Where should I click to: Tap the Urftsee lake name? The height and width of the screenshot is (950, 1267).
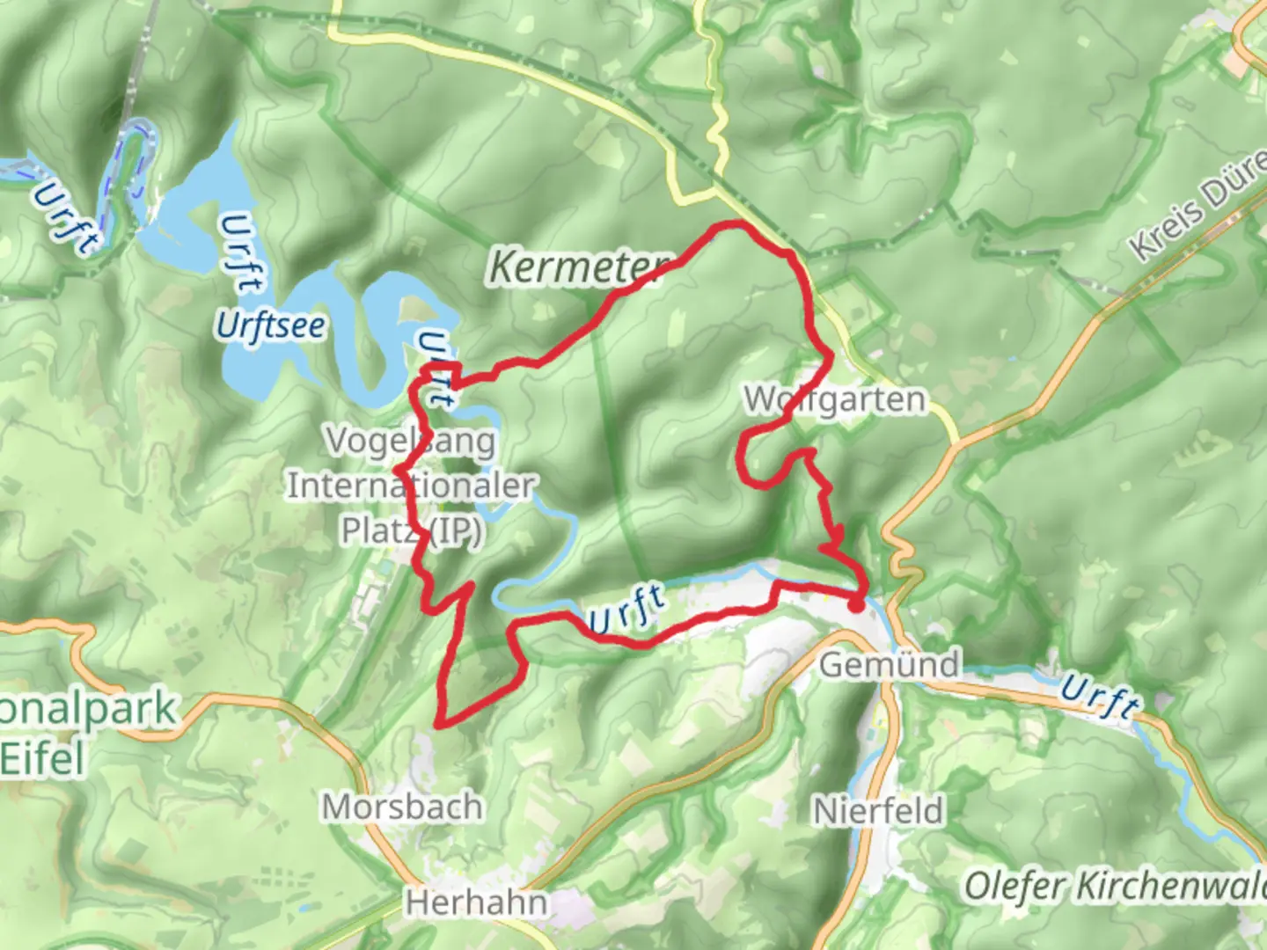[271, 325]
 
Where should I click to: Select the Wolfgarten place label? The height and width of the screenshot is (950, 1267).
[835, 400]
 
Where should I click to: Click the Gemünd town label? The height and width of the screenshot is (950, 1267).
[890, 664]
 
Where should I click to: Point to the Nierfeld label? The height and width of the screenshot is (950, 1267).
[879, 810]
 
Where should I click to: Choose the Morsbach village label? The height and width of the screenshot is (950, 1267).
[402, 807]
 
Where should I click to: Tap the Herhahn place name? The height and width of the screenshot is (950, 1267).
[476, 902]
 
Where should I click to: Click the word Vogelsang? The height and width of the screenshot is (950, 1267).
[411, 440]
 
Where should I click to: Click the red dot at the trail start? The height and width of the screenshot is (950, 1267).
[855, 604]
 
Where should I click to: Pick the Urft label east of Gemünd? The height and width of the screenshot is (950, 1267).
[1100, 696]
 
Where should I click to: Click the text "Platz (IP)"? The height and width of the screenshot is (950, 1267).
[411, 530]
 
